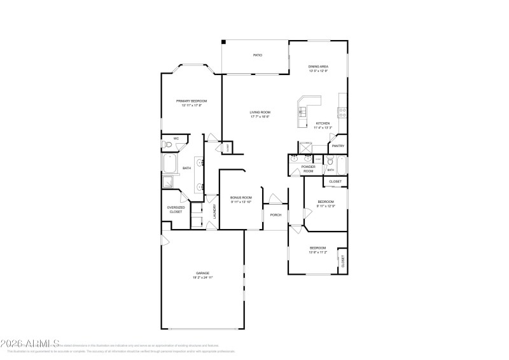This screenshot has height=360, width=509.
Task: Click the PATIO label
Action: [258, 55]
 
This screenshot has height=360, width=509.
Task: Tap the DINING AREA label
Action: [318, 66]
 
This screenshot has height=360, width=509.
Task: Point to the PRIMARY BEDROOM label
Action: [192, 101]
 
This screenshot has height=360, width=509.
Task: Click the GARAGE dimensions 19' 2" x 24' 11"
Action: [202, 278]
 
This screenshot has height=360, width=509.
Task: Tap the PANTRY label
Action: [337, 146]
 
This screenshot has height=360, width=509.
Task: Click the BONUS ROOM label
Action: [241, 198]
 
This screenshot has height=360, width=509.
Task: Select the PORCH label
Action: [275, 215]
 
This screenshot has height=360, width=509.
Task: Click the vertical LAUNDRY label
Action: [214, 212]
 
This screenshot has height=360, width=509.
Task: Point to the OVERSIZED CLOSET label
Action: [176, 209]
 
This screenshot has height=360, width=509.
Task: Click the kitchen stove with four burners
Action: [342, 112]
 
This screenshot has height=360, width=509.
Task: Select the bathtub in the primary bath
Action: [170, 165]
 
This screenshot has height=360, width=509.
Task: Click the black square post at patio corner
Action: [223, 43]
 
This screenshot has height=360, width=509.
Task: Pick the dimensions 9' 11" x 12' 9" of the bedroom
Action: [326, 205]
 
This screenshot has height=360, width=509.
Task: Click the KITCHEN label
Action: [323, 123]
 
